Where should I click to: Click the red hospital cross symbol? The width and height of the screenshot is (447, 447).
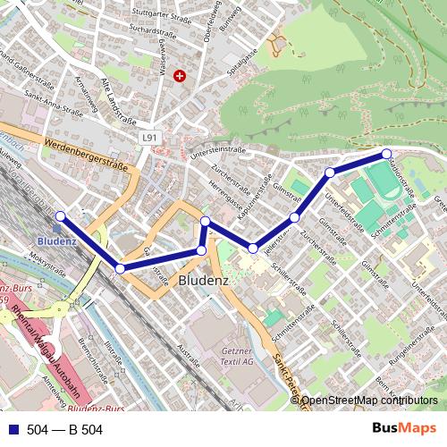tap(181, 77)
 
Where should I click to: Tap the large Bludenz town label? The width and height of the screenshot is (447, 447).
tap(205, 280)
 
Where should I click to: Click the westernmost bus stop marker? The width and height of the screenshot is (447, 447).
tap(60, 215)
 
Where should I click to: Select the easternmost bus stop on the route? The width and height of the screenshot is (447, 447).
tap(386, 153)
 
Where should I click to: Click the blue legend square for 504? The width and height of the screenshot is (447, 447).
tap(13, 430)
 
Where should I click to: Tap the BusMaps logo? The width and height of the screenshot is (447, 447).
tap(405, 429)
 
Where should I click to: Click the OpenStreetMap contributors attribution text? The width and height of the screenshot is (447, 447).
tap(369, 401)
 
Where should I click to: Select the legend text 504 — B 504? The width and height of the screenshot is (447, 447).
tap(65, 430)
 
